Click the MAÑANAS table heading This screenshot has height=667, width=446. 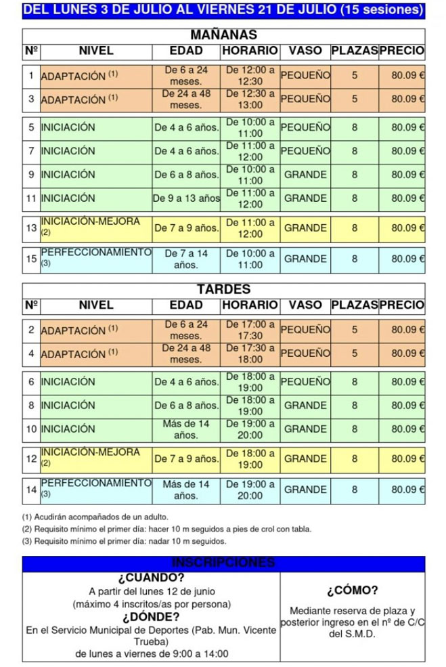pyautogui.click(x=223, y=35)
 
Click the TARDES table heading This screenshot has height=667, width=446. pyautogui.click(x=223, y=289)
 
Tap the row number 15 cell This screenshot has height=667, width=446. pyautogui.click(x=31, y=259)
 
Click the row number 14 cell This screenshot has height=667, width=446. pyautogui.click(x=31, y=490)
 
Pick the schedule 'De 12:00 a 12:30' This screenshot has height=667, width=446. pyautogui.click(x=250, y=75)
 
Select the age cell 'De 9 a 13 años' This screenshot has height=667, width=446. pyautogui.click(x=186, y=198)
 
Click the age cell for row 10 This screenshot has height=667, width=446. pyautogui.click(x=186, y=429)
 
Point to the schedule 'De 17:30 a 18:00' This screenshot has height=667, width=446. pyautogui.click(x=250, y=353)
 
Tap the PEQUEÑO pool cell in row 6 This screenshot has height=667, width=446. pyautogui.click(x=305, y=382)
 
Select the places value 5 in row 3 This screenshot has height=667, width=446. pyautogui.click(x=354, y=100)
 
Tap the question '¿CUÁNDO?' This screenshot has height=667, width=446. pyautogui.click(x=151, y=578)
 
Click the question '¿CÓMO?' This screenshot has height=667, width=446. pyautogui.click(x=352, y=590)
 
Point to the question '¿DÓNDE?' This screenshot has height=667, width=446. pyautogui.click(x=151, y=617)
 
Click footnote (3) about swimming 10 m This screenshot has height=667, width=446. pyautogui.click(x=124, y=541)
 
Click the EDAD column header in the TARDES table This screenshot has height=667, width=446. pyautogui.click(x=186, y=305)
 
